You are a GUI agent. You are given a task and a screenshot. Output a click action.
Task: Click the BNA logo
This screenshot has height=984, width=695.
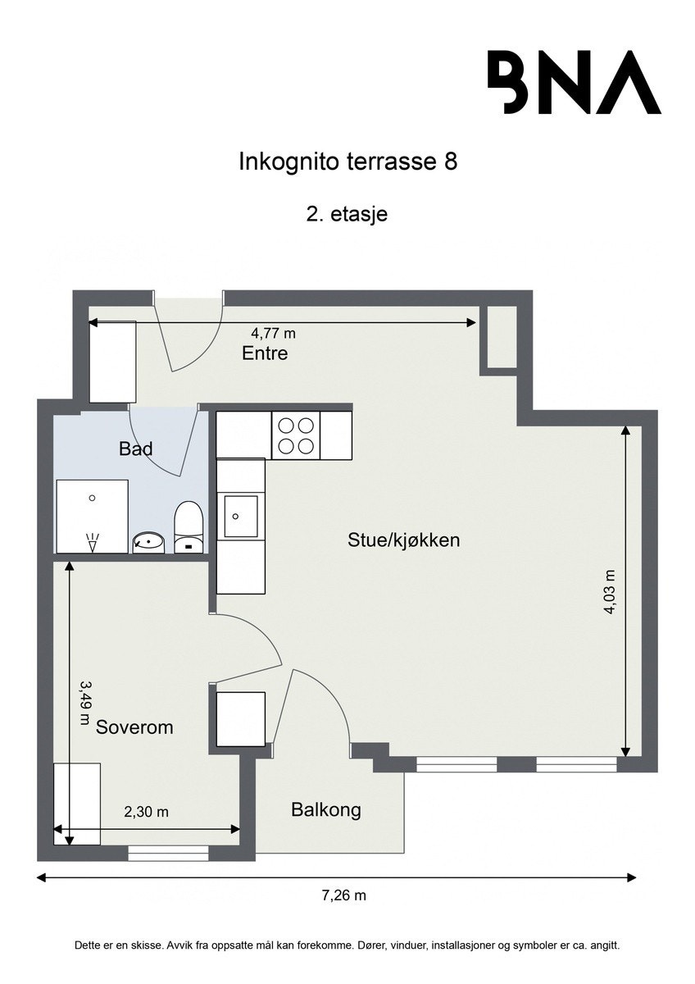tap(574, 82)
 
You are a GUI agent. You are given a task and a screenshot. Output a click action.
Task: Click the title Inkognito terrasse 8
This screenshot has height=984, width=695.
tap(347, 161)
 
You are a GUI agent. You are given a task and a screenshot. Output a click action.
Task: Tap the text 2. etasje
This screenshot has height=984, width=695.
tap(347, 215)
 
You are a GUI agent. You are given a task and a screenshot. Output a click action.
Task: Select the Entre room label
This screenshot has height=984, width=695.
tap(265, 353)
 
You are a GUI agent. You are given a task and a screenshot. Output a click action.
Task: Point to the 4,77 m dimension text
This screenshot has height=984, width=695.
tap(273, 333)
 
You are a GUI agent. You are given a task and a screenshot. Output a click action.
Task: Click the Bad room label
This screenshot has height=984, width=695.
tap(136, 449)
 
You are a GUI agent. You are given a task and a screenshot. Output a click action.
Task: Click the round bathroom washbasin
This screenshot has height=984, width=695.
tap(148, 542)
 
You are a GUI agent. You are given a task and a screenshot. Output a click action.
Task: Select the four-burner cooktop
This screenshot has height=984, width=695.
tap(295, 435)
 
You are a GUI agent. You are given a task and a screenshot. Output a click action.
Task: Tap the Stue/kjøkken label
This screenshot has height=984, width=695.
tap(403, 540)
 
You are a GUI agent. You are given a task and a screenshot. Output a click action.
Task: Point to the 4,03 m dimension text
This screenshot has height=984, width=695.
tap(611, 591)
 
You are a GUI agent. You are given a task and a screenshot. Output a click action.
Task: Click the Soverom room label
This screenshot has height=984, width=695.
tap(134, 727)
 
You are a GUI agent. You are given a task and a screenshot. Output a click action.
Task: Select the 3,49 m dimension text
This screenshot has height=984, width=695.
tap(84, 701)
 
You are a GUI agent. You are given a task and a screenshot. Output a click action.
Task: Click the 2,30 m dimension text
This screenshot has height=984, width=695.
tap(146, 812)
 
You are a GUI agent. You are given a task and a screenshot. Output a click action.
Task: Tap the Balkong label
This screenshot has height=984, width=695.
tap(326, 810)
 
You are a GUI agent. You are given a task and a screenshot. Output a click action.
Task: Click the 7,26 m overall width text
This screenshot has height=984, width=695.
tap(343, 895)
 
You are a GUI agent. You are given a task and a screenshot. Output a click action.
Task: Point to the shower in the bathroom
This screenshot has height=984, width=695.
tap(92, 517)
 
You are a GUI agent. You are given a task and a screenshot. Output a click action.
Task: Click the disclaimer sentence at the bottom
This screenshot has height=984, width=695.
tap(347, 945)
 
